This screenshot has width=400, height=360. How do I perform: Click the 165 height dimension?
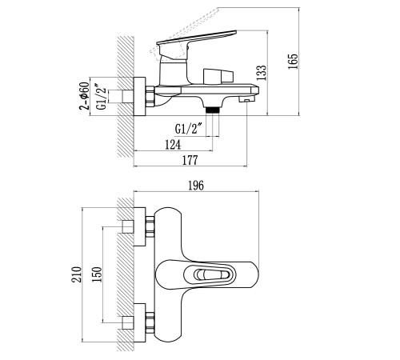(x=293, y=62)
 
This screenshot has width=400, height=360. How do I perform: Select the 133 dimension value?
(x=262, y=73)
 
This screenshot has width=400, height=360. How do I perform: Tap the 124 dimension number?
(x=173, y=145)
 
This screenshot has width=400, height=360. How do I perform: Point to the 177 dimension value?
(x=190, y=160)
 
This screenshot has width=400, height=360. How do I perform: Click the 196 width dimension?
(x=196, y=186)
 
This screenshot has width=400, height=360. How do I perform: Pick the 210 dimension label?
(x=76, y=274)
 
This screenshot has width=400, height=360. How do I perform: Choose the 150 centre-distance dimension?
(x=97, y=274)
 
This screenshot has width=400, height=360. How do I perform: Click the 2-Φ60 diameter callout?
(x=84, y=96)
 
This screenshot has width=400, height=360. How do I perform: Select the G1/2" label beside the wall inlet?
(x=102, y=97)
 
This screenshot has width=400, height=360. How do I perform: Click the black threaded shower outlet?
(x=213, y=110)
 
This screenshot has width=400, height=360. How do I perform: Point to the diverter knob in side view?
(x=218, y=76)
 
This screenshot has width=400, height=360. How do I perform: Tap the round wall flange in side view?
(x=139, y=97)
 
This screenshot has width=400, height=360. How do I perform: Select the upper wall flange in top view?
(x=139, y=226)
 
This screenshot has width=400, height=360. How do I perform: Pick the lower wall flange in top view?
(x=139, y=322)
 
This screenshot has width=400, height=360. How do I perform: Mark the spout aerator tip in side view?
(x=246, y=100)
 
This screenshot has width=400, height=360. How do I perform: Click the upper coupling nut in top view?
(x=150, y=227)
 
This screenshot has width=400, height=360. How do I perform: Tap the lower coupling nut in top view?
(x=150, y=323)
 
